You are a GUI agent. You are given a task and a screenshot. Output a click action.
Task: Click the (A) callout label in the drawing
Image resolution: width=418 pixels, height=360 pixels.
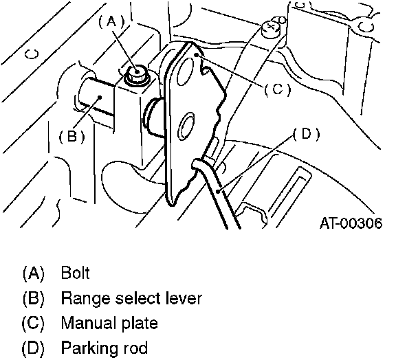coord(113,21)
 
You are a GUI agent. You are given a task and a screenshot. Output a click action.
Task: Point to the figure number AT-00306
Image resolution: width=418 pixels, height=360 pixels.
coord(351,223)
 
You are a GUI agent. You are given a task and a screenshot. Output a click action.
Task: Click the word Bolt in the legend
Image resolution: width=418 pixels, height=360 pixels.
coord(75,273)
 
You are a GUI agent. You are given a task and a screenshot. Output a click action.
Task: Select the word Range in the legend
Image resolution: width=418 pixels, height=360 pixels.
coord(81,298)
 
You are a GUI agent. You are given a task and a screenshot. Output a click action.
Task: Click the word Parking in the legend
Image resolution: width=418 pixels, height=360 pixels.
coord(86,348)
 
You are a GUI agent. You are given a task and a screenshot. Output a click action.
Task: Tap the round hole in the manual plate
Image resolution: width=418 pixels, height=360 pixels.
coord(186,128)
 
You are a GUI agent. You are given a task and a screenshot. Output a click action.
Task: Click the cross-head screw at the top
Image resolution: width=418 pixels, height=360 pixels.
coord(269,27)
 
